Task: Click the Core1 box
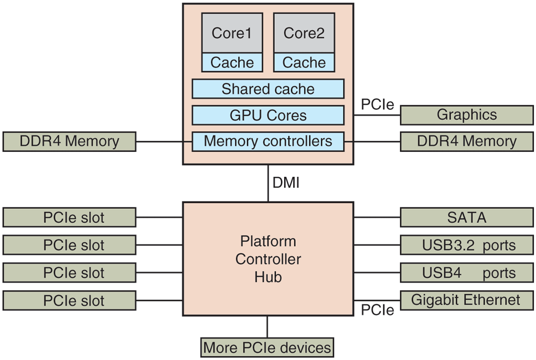232,33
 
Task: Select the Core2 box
304,33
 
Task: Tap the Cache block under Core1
232,63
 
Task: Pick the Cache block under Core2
304,63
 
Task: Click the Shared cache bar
268,89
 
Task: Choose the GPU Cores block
268,115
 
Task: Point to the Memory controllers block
268,141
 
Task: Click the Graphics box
467,115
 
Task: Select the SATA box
467,217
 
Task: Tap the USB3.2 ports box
467,245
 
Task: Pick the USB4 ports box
467,273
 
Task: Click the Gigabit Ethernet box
467,300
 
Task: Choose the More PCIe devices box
267,347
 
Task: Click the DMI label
286,183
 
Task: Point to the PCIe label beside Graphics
377,104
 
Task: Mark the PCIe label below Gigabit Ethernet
377,310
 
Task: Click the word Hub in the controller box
268,277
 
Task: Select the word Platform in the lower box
268,241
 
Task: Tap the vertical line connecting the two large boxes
268,183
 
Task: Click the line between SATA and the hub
377,217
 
